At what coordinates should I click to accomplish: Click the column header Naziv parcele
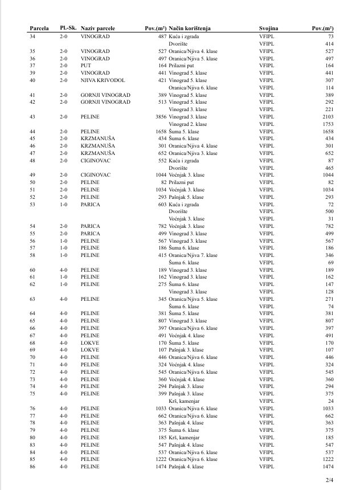[x=98, y=28]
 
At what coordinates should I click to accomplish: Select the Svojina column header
[x=268, y=28]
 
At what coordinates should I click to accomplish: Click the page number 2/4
[x=329, y=480]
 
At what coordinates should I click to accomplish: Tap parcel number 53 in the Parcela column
[x=32, y=204]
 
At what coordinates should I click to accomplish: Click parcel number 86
[x=32, y=467]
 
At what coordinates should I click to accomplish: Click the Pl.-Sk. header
[x=68, y=27]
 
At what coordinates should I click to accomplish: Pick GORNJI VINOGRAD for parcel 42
[x=105, y=102]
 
